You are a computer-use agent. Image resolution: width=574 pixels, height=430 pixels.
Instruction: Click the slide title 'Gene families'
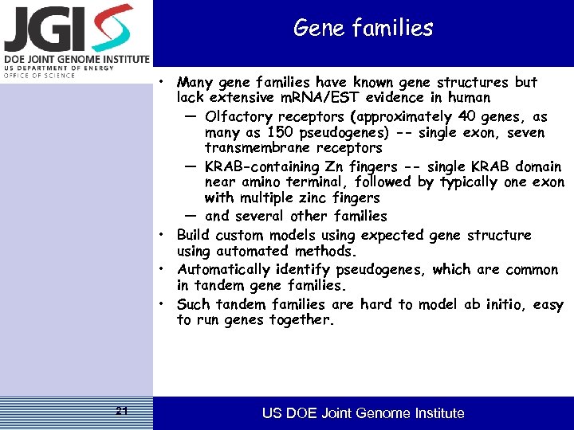(x=363, y=29)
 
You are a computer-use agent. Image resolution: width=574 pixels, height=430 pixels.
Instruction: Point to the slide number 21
(x=121, y=411)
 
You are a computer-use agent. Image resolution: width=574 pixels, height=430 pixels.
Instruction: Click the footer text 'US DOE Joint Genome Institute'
(x=364, y=412)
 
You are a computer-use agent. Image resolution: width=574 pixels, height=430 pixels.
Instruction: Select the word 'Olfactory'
(x=238, y=117)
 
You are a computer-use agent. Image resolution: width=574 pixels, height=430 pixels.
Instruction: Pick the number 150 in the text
(x=281, y=133)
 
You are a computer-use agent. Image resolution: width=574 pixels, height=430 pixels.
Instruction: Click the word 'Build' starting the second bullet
(x=194, y=235)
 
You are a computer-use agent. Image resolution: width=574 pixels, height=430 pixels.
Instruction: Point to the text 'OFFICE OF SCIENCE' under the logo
(x=39, y=75)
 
